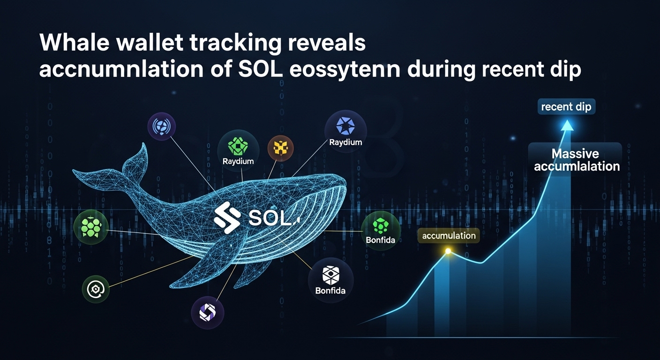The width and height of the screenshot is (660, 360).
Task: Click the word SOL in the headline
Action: point(259,70)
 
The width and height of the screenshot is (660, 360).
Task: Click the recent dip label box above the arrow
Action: point(566,107)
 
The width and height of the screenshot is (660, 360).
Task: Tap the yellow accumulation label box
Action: point(449,236)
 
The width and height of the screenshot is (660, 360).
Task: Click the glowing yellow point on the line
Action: point(448,252)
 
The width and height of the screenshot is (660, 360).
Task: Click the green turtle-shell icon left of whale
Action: point(91,227)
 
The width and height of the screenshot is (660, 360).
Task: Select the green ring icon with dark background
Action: point(96,289)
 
